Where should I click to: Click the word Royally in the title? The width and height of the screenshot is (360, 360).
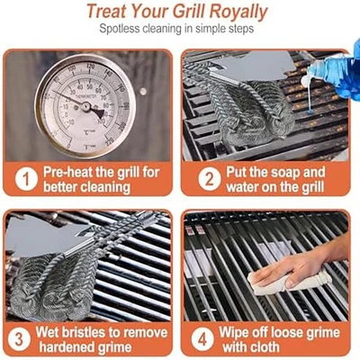pos(238,13)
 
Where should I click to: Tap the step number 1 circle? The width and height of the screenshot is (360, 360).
pos(26,179)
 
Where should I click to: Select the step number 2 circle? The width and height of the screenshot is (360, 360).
pos(210,179)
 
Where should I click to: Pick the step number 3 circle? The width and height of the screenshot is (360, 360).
pos(19,339)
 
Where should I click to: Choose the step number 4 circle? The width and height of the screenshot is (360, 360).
pos(202,339)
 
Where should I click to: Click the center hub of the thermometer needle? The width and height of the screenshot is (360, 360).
pos(86,106)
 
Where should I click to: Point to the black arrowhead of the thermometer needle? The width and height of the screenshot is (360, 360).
pos(98,113)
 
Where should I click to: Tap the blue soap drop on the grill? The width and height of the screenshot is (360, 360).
pos(310,112)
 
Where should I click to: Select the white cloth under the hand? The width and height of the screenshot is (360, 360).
pos(288,282)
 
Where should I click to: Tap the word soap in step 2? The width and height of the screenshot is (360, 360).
pos(286,173)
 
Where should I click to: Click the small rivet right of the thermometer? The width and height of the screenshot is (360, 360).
pos(143,92)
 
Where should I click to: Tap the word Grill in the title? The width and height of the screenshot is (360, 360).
pos(189,12)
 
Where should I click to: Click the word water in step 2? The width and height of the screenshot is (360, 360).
pos(242,187)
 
